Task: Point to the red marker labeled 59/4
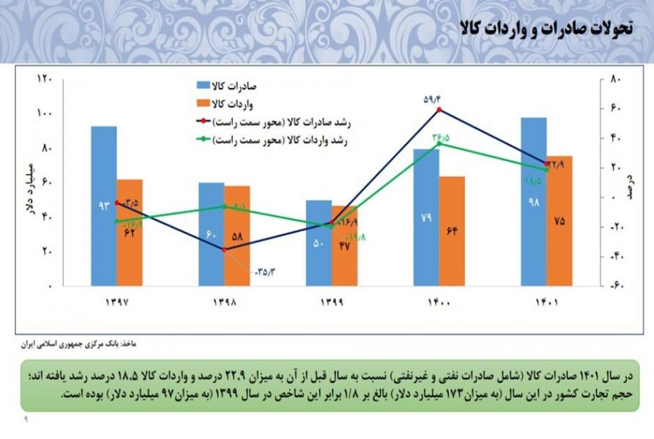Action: [x=439, y=110]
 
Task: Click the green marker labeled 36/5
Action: [x=439, y=144]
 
